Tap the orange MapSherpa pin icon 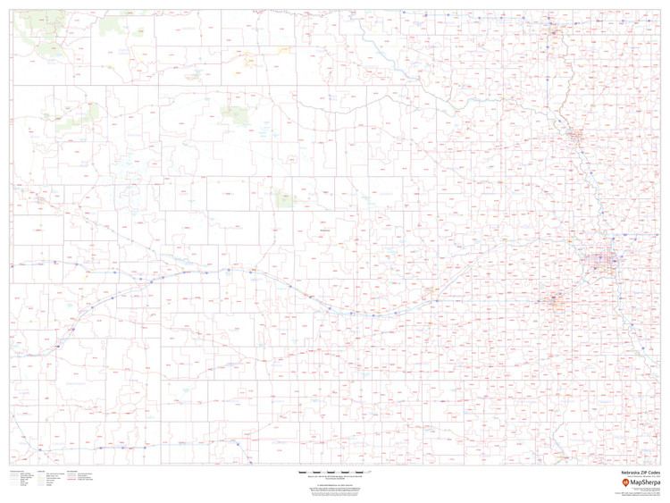625,482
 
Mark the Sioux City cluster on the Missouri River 574,137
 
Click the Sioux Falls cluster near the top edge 555,33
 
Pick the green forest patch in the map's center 287,201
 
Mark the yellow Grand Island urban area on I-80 432,291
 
